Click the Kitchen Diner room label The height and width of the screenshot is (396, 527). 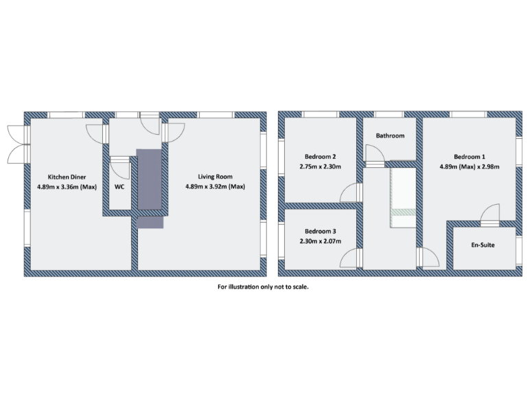pyautogui.click(x=62, y=177)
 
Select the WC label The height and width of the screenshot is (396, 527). pyautogui.click(x=119, y=186)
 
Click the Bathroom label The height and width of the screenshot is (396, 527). pyautogui.click(x=390, y=136)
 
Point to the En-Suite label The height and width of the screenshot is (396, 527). pyautogui.click(x=483, y=245)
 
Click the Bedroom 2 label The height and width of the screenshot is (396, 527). pyautogui.click(x=320, y=155)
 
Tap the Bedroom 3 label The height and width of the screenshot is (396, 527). pyautogui.click(x=320, y=231)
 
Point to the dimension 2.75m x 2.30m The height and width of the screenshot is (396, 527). pyautogui.click(x=320, y=166)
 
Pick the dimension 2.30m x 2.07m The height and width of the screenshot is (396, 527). pyautogui.click(x=320, y=242)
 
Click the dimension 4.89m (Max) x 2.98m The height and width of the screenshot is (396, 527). pyautogui.click(x=469, y=166)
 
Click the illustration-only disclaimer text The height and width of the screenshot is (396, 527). pyautogui.click(x=263, y=287)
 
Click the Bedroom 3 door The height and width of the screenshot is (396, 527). pyautogui.click(x=351, y=258)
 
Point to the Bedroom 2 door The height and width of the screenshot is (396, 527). pyautogui.click(x=351, y=194)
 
